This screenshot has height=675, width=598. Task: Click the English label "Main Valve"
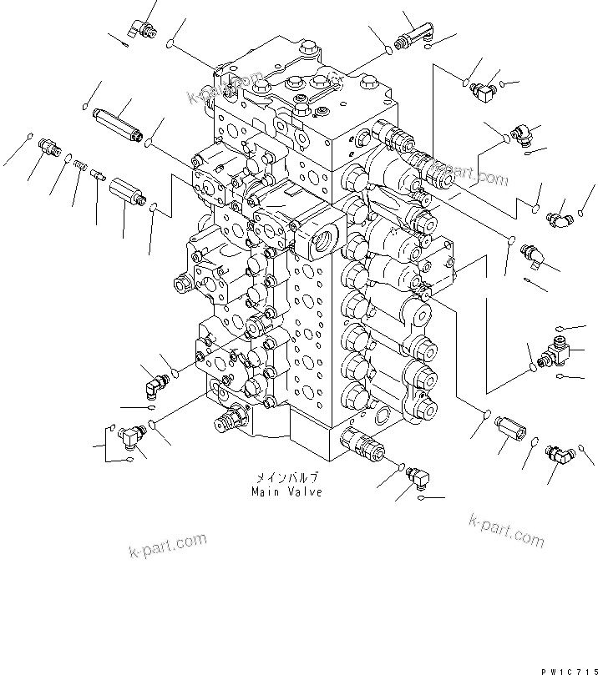click(286, 492)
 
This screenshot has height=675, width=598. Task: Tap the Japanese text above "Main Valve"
click(287, 480)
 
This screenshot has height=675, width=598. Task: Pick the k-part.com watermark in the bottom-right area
click(506, 531)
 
